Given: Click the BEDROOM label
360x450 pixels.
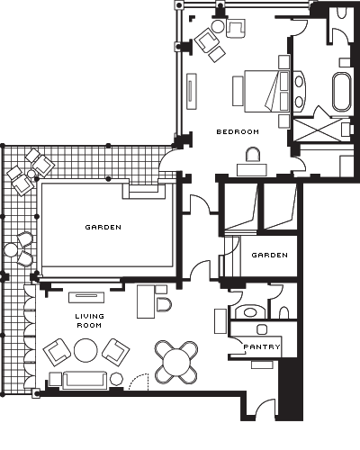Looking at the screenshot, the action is pyautogui.click(x=238, y=131).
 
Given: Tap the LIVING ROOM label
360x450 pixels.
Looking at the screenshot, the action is pyautogui.click(x=89, y=320).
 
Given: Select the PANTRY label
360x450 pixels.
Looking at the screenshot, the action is pyautogui.click(x=262, y=347).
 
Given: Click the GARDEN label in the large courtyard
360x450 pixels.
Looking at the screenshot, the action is pyautogui.click(x=103, y=228).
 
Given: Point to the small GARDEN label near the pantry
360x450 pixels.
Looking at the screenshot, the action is pyautogui.click(x=269, y=256).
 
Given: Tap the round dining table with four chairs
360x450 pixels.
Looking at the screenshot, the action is pyautogui.click(x=176, y=362).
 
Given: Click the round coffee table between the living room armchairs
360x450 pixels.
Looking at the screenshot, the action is pyautogui.click(x=85, y=350).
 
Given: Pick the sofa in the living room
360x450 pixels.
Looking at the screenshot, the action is pyautogui.click(x=85, y=380).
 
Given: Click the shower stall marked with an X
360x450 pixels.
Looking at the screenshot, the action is pyautogui.click(x=318, y=130).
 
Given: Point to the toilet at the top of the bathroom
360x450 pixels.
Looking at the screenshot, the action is pyautogui.click(x=342, y=13).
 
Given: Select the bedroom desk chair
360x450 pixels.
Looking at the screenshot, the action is pyautogui.click(x=253, y=155).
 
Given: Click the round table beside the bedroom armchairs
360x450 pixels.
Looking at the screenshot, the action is pyautogui.click(x=218, y=27).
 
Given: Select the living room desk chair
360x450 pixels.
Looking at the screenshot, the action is pyautogui.click(x=164, y=305).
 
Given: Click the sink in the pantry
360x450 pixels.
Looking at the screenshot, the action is pyautogui.click(x=262, y=329).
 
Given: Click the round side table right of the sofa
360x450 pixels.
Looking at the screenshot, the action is pyautogui.click(x=116, y=379).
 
